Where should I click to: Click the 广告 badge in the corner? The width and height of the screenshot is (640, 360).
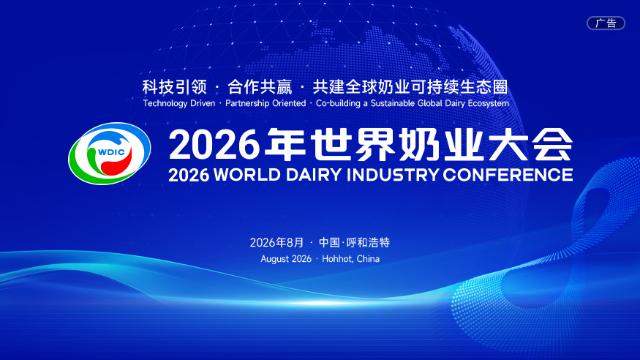(606, 23)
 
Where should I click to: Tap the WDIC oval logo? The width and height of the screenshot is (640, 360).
(110, 154)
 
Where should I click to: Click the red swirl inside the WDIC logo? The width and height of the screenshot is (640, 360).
(117, 163)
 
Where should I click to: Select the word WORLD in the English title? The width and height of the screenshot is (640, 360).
(247, 175)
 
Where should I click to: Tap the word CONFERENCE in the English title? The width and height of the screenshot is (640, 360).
(508, 175)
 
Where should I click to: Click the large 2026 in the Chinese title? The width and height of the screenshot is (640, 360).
(214, 144)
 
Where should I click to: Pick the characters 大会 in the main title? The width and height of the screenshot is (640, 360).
(530, 144)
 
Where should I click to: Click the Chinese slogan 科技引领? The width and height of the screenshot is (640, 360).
(175, 87)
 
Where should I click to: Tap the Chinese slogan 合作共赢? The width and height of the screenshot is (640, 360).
(260, 87)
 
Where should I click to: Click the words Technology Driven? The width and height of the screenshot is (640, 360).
(178, 103)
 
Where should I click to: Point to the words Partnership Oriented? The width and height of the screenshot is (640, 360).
(266, 103)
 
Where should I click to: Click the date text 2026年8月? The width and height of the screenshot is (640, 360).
(276, 242)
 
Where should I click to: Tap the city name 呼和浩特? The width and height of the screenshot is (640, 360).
(368, 242)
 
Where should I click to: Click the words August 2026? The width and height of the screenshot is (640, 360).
(286, 259)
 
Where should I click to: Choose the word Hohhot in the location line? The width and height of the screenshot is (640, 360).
(337, 259)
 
